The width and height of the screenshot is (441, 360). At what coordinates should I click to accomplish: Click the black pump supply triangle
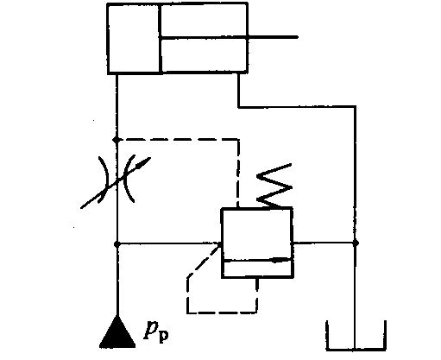tap(117, 334)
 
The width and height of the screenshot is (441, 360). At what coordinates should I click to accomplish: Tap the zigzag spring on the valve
tap(274, 186)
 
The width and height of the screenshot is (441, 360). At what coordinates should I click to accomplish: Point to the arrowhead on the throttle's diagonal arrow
tap(144, 162)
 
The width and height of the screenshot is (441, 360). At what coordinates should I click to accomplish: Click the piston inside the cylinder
tap(160, 38)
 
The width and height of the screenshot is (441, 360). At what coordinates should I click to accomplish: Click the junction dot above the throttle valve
tap(117, 140)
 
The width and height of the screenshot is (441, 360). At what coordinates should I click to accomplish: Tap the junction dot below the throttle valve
tap(117, 244)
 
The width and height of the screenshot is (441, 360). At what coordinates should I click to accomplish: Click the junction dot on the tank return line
tap(356, 243)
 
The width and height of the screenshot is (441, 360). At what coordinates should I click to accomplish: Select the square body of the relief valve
tap(257, 243)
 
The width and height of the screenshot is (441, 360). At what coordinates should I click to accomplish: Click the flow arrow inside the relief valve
tap(258, 260)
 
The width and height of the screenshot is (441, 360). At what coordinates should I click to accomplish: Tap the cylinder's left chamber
tap(133, 38)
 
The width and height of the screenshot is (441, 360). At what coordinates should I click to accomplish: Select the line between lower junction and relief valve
tap(169, 244)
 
